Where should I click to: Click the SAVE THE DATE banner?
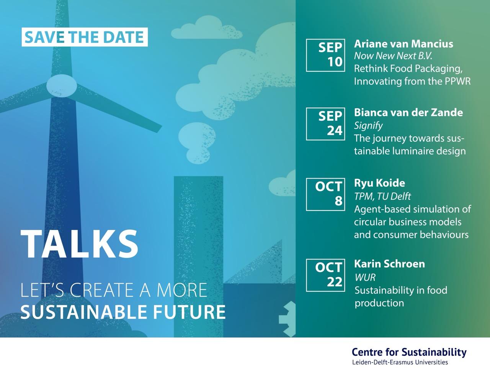coord(85,37)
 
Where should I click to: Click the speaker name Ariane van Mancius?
coord(403,44)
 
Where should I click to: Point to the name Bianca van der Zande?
coord(408,112)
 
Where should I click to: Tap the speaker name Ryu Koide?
coord(379,183)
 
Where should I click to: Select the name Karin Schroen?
coord(389,264)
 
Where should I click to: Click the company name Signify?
coord(368,125)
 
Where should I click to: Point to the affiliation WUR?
coord(365,277)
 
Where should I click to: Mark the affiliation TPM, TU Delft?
coord(382,196)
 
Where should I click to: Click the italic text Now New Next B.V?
coord(393,56)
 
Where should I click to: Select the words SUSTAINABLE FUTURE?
coord(123,312)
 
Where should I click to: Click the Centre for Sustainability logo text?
coord(409,352)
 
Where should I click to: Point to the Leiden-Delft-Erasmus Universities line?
coord(400,362)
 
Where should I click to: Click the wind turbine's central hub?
coord(62,86)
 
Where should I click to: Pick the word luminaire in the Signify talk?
coord(410,151)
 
